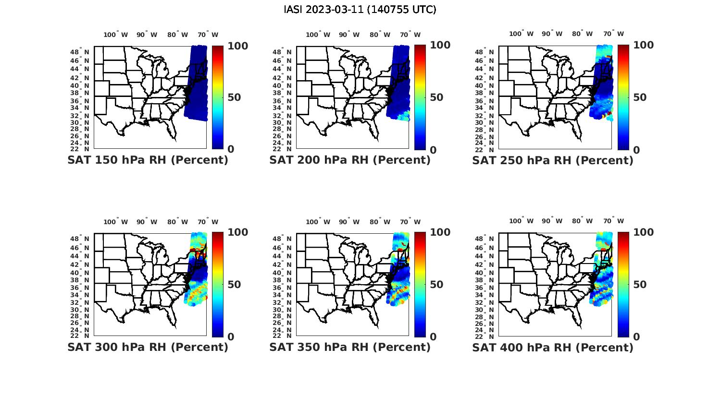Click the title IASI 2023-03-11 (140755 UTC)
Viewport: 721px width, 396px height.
pos(360,10)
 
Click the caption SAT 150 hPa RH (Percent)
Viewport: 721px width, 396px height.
pos(148,160)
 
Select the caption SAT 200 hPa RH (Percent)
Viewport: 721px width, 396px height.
pos(350,160)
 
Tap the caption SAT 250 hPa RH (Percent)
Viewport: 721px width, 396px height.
pos(553,160)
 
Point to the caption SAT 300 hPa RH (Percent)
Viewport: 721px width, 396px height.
pos(148,347)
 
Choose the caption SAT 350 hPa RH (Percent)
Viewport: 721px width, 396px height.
pos(350,347)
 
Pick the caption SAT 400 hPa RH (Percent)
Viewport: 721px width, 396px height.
pos(553,347)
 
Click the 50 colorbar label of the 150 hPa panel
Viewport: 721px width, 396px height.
pos(235,97)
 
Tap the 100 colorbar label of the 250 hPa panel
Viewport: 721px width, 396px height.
pos(644,45)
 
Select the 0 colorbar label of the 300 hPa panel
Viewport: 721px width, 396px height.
pos(231,336)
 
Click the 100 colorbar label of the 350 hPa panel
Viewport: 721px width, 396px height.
pos(440,232)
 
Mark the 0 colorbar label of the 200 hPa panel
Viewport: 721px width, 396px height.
pos(433,150)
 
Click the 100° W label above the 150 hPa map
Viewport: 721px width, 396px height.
pos(115,35)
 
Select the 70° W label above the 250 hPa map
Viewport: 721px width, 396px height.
pos(613,34)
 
